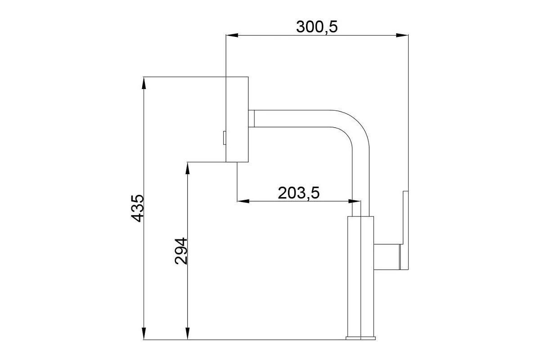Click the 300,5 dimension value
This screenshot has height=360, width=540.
click(317, 27)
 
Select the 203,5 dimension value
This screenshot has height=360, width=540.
click(299, 193)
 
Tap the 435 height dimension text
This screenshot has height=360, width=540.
click(137, 208)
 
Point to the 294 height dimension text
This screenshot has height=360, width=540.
click(181, 251)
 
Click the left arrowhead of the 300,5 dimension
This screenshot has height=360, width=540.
click(232, 36)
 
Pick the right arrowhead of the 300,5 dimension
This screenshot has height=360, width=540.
click(402, 36)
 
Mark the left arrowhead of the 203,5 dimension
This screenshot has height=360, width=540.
click(243, 201)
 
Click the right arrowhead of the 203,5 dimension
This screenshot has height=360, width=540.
click(355, 201)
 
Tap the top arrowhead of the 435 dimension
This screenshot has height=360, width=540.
click(144, 83)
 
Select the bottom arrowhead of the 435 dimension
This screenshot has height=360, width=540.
click(144, 333)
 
